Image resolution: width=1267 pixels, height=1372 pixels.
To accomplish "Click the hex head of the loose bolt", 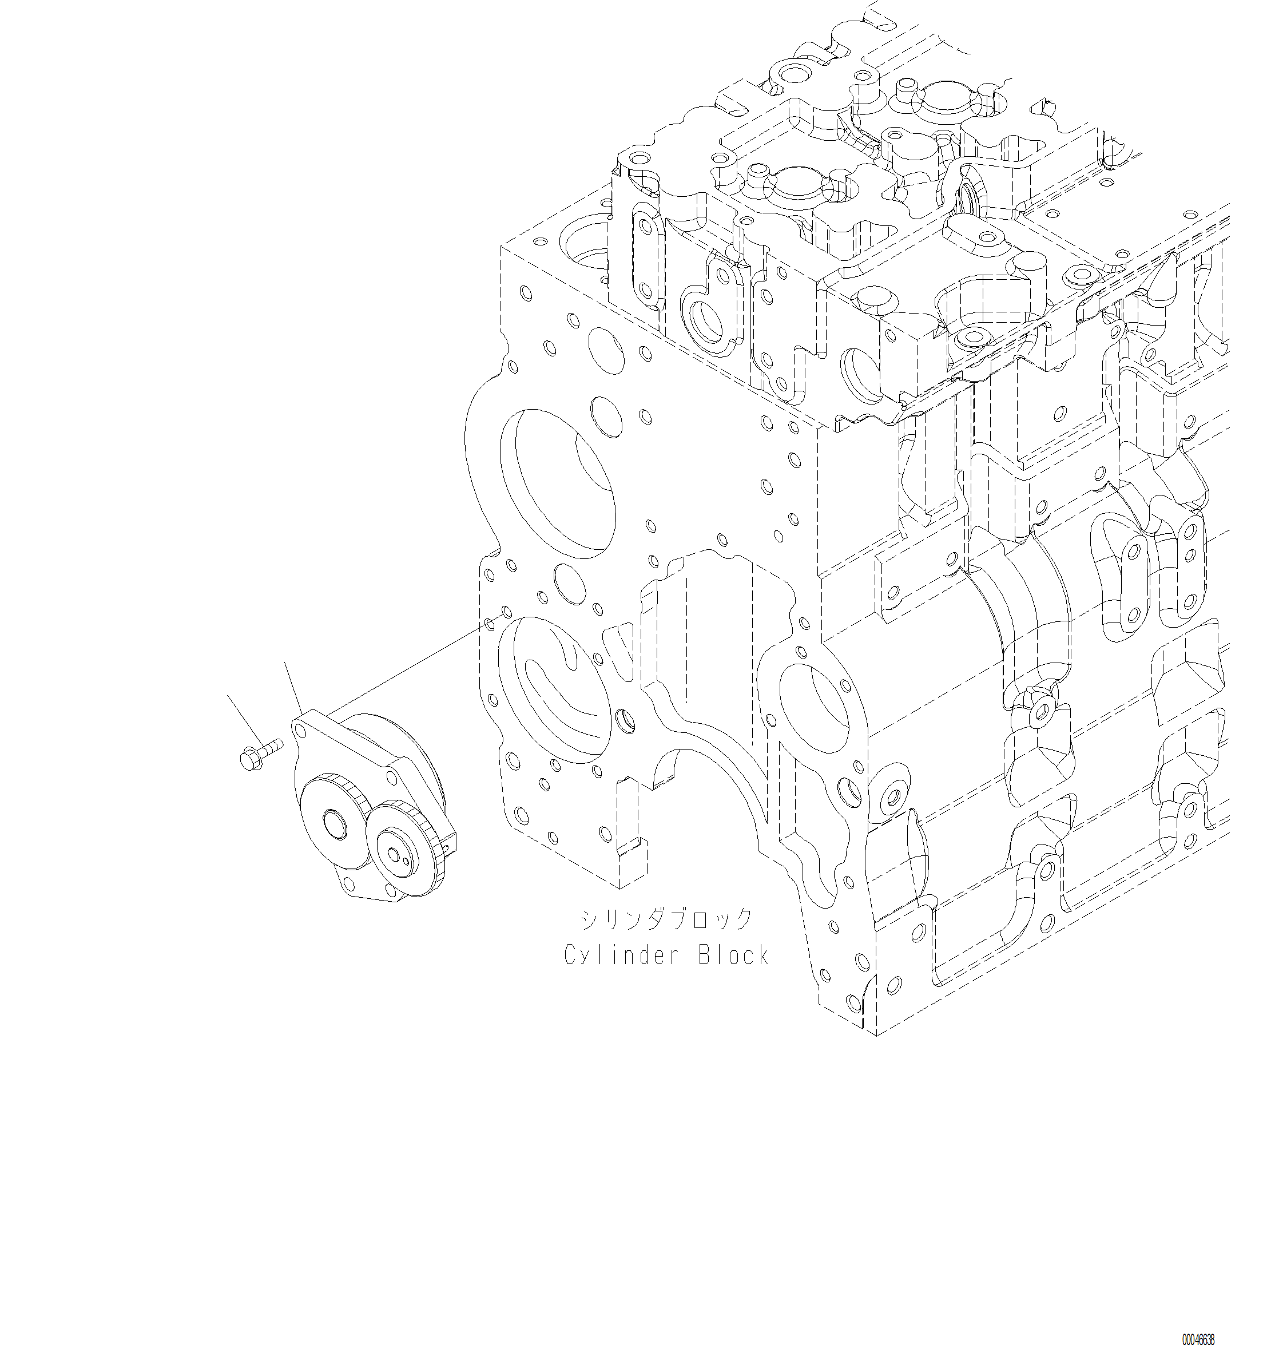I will (248, 760).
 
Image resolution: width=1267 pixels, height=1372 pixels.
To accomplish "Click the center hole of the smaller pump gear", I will (393, 854).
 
